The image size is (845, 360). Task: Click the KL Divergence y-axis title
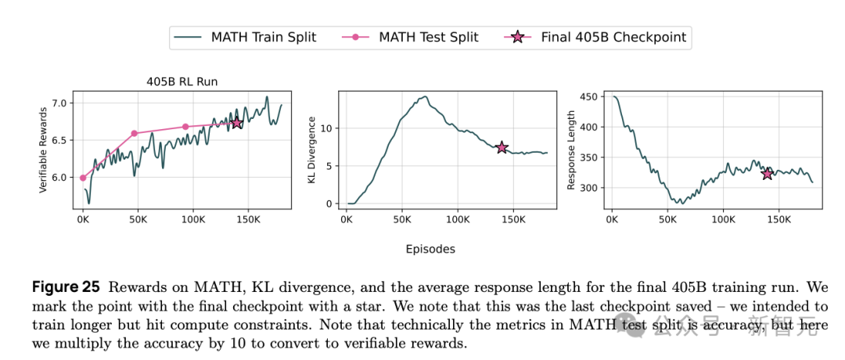pos(311,151)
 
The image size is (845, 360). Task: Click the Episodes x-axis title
pos(430,250)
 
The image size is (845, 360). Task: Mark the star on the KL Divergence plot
pos(502,147)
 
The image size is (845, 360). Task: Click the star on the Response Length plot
pos(767,174)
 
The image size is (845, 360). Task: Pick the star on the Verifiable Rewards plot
pos(236,123)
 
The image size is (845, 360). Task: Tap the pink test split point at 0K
pos(83,178)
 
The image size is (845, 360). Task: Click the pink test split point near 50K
pos(134,134)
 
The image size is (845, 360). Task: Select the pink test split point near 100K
pos(185,127)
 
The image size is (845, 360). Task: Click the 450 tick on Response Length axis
pos(588,97)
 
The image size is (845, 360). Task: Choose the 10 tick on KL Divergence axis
pos(329,128)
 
